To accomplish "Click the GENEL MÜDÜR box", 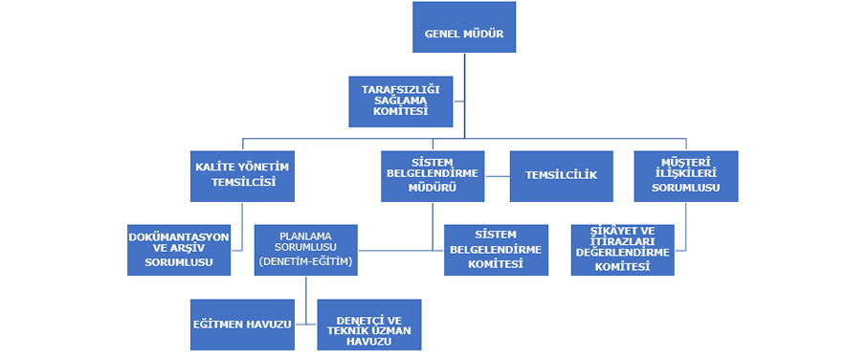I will pyautogui.click(x=464, y=27).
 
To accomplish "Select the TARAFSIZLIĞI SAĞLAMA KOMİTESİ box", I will pyautogui.click(x=400, y=101).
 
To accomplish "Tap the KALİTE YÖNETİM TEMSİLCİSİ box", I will pyautogui.click(x=242, y=175).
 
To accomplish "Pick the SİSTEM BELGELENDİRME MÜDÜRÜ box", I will pyautogui.click(x=433, y=175).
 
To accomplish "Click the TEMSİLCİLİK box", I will pyautogui.click(x=561, y=175).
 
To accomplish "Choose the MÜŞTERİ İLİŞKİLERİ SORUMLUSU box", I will pyautogui.click(x=685, y=175).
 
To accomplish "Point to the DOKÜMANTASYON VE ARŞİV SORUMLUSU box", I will pyautogui.click(x=179, y=249).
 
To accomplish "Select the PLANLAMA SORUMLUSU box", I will pyautogui.click(x=305, y=249).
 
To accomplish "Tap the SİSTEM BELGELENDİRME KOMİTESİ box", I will pyautogui.click(x=496, y=249).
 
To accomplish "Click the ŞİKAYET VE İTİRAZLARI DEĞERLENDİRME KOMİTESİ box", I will pyautogui.click(x=622, y=249).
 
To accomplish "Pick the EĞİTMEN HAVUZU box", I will pyautogui.click(x=241, y=325).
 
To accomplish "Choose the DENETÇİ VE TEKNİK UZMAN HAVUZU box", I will pyautogui.click(x=369, y=325).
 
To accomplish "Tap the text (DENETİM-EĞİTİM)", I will pyautogui.click(x=305, y=261).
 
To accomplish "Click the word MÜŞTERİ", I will pyautogui.click(x=685, y=162).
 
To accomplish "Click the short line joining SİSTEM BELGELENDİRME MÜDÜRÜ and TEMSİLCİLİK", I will pyautogui.click(x=497, y=175).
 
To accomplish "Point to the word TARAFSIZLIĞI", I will pyautogui.click(x=400, y=89).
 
